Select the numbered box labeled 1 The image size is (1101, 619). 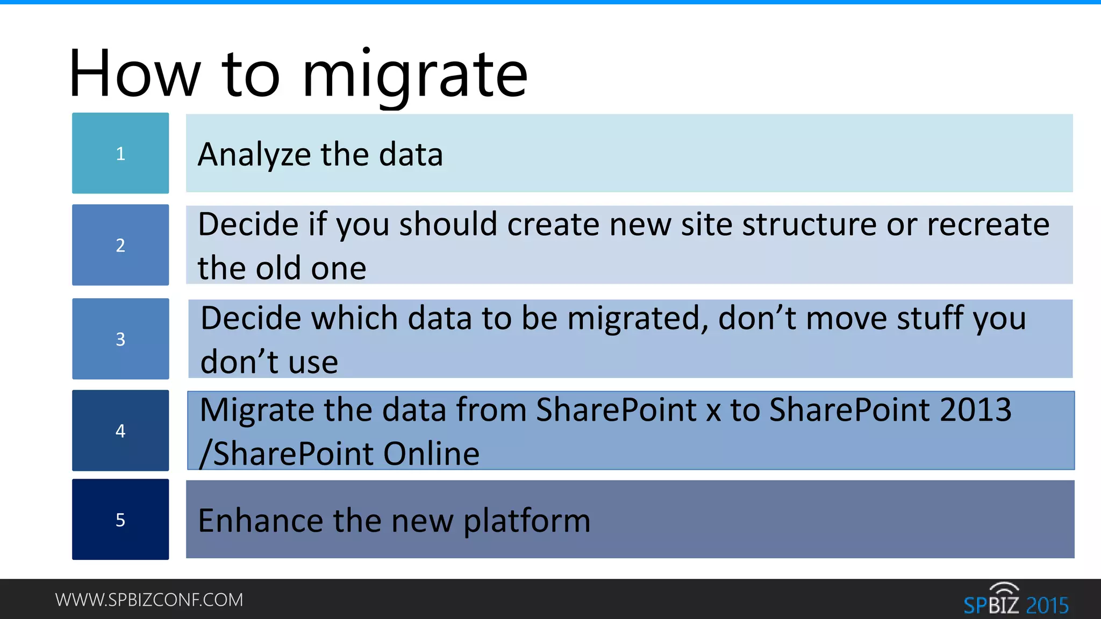click(x=120, y=153)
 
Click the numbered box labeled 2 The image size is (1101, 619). click(x=120, y=245)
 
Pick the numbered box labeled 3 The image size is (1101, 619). click(x=120, y=339)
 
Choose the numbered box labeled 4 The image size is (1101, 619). click(x=120, y=430)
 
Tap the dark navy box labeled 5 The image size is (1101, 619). click(x=120, y=520)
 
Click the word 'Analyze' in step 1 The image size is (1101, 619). click(x=254, y=155)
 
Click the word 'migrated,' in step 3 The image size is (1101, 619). click(x=638, y=319)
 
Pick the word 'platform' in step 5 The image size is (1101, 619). click(x=527, y=521)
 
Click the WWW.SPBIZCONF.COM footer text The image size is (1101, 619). click(x=149, y=600)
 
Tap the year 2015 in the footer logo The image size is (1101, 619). click(x=1047, y=606)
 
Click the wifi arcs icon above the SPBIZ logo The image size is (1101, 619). click(x=1004, y=588)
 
